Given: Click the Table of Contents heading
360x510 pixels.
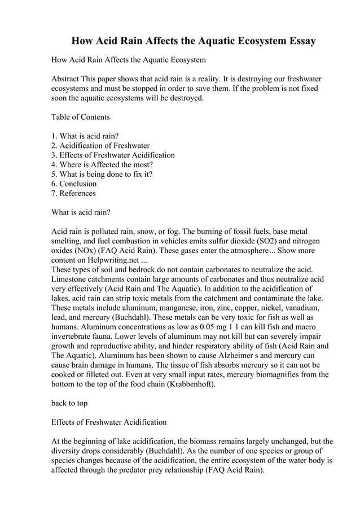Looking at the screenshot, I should pyautogui.click(x=80, y=117).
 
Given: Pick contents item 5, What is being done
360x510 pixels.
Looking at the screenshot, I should pyautogui.click(x=102, y=174).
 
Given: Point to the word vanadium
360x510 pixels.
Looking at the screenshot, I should pyautogui.click(x=302, y=308).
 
